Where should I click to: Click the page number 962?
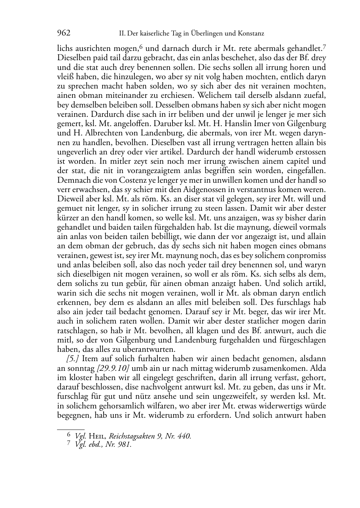coord(64,33)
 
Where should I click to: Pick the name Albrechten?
coord(88,133)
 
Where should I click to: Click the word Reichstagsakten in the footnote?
coord(132,436)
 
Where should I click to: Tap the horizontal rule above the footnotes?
coord(71,429)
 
